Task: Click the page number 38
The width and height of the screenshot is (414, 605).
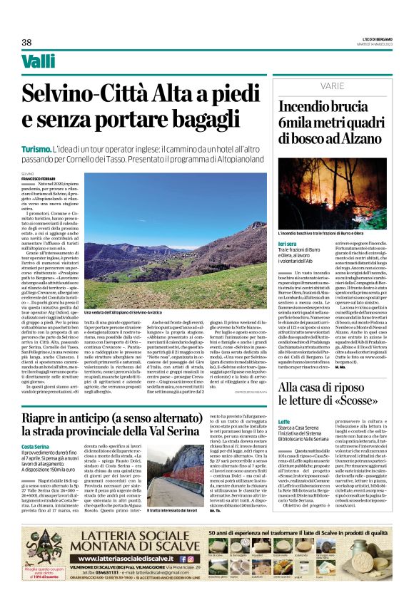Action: click(x=26, y=42)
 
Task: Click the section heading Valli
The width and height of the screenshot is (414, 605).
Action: click(x=38, y=62)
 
